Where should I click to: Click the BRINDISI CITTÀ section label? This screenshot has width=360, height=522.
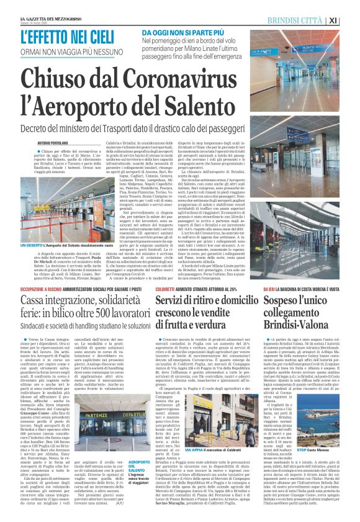[312, 20]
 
